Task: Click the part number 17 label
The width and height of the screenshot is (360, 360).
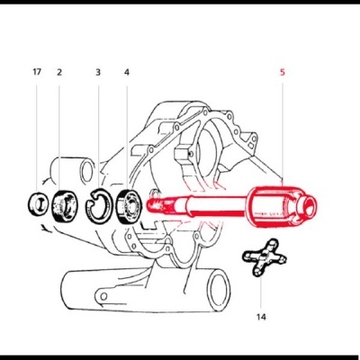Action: [x=36, y=71]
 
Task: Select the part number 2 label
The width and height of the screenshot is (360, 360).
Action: [x=59, y=71]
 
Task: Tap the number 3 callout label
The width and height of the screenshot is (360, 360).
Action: [x=97, y=71]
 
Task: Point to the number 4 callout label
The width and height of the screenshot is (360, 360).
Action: [x=126, y=71]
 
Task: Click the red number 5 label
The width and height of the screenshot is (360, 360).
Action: [x=282, y=71]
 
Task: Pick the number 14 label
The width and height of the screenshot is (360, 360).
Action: [x=262, y=317]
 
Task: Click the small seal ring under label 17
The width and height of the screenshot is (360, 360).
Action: [x=37, y=202]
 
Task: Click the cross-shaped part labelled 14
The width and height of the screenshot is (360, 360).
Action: [x=260, y=262]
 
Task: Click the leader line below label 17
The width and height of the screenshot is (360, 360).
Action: [x=36, y=135]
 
